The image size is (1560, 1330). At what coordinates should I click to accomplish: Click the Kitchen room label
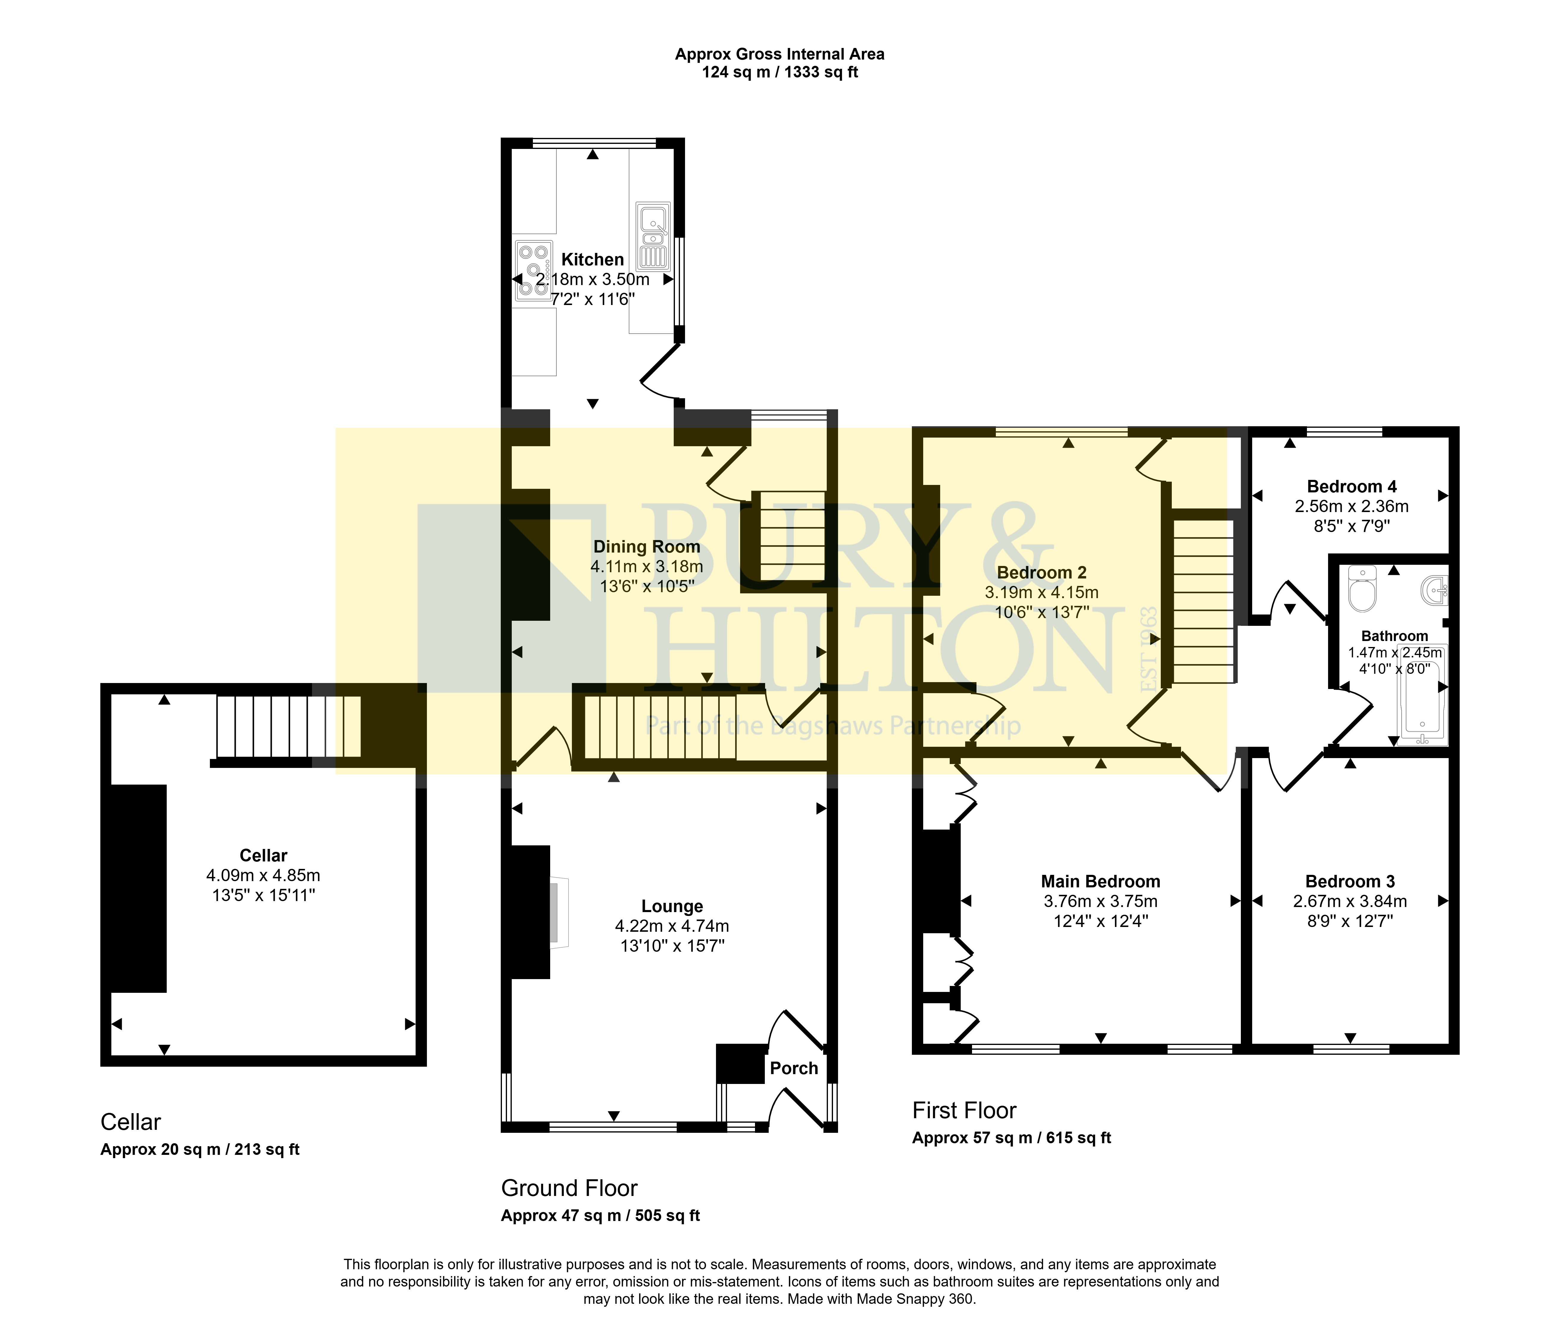coord(592,260)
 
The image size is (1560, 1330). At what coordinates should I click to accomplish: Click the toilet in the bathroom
coord(1362,589)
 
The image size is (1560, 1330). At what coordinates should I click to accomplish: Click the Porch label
coord(794,1068)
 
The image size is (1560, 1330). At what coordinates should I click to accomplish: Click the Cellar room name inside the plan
coord(263,855)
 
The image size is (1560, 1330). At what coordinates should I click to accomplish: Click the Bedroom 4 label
coord(1351,486)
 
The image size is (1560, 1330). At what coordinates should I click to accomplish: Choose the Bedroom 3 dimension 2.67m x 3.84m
coord(1350,901)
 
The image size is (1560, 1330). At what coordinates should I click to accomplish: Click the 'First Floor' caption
coord(965,1110)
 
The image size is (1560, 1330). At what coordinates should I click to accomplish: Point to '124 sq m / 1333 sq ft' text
coord(780,72)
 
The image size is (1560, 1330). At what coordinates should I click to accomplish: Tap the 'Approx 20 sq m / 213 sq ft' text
coord(200,1149)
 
